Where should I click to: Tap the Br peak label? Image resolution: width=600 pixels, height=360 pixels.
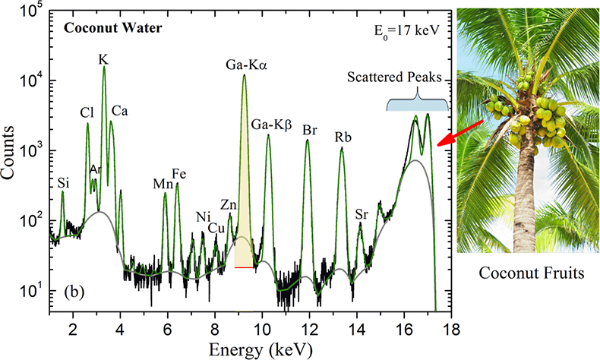point(310,130)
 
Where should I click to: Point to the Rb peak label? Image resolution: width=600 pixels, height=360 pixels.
point(343,137)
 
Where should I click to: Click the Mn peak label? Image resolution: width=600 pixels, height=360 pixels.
point(163,183)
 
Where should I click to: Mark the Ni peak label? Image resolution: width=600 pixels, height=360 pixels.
point(202,216)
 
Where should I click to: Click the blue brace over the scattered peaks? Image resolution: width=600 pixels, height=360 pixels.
point(418,103)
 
